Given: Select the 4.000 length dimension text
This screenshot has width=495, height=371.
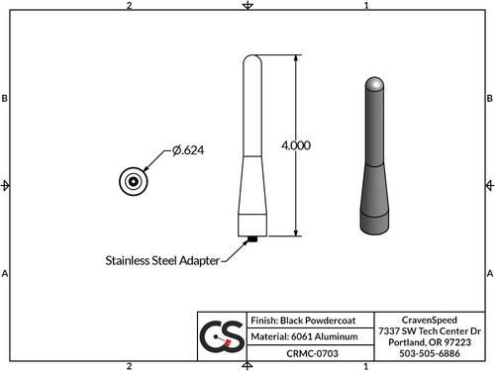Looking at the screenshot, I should tap(295, 144).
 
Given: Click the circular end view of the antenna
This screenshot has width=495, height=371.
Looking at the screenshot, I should tap(132, 181).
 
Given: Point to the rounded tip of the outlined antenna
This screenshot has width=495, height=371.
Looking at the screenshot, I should tap(252, 63).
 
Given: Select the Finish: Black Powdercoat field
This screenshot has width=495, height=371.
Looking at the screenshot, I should tap(292, 322).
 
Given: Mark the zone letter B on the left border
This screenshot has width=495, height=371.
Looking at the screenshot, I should tap(6, 100).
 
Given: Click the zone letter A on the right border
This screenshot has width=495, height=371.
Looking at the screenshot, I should tap(489, 273).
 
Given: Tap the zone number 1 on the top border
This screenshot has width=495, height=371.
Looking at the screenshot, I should tap(366, 6).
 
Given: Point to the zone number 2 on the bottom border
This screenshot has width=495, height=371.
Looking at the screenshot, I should tap(130, 365).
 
